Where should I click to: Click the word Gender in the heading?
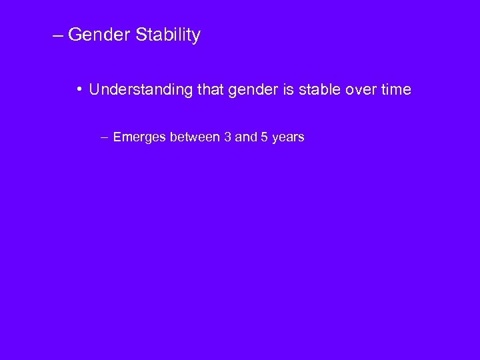click(99, 35)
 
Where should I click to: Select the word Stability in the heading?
click(168, 35)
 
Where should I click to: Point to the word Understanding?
click(141, 89)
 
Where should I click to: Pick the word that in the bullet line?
click(211, 89)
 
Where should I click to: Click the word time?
click(396, 89)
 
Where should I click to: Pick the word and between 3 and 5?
click(246, 137)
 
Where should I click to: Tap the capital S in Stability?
click(141, 35)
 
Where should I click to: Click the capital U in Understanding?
click(94, 89)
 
